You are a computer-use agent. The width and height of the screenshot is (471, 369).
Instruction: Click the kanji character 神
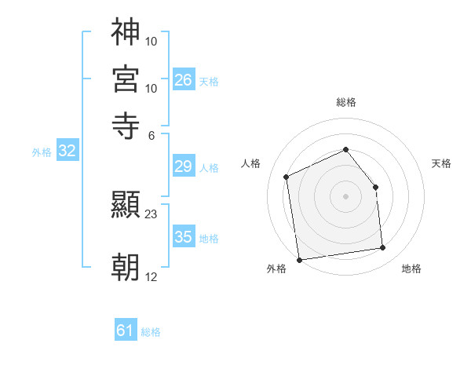[126, 33]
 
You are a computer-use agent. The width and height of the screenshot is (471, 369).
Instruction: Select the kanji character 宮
[126, 79]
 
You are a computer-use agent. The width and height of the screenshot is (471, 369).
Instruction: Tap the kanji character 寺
[126, 125]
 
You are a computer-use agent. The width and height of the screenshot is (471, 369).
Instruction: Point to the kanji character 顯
[126, 206]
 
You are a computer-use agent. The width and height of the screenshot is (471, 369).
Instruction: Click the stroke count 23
[152, 214]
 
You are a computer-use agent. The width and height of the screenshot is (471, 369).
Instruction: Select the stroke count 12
[152, 276]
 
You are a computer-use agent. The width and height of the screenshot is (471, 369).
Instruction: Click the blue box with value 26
[184, 79]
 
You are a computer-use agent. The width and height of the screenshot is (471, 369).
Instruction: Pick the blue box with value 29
[184, 166]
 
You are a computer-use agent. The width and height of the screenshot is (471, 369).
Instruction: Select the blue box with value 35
[184, 237]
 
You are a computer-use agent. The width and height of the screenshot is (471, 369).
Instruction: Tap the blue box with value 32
[67, 152]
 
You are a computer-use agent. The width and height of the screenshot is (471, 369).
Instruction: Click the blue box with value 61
[126, 331]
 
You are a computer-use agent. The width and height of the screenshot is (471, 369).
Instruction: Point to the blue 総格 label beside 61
[151, 332]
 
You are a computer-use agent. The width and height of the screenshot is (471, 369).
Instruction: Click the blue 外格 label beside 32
[42, 152]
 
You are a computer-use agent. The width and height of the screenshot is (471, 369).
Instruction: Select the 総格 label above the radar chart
[345, 103]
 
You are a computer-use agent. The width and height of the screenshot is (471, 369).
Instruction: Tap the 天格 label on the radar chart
[441, 163]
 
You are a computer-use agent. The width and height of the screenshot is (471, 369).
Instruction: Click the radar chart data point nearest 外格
[298, 260]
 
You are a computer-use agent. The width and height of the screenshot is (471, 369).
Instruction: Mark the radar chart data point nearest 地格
[383, 248]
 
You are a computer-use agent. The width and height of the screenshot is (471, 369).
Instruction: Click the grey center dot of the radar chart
[345, 196]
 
